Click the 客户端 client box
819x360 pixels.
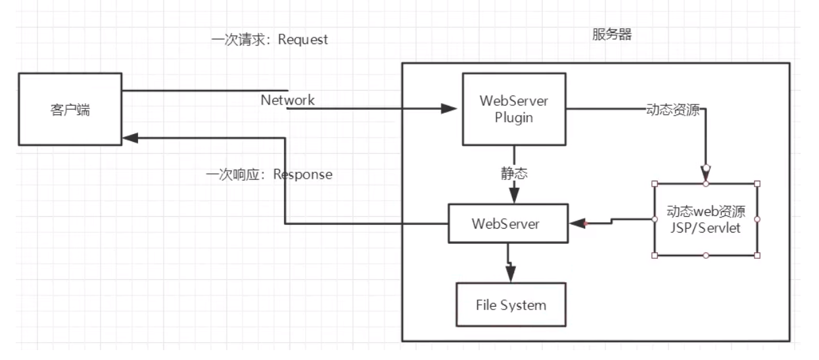tap(70, 109)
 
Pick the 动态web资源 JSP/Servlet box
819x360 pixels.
tap(705, 219)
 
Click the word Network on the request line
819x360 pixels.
tap(287, 101)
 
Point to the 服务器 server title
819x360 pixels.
tap(611, 35)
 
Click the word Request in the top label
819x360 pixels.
tap(302, 40)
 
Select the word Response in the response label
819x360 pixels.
tap(302, 175)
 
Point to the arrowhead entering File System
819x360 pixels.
tap(510, 273)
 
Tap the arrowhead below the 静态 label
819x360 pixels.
tap(514, 195)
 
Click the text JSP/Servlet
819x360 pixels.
tap(705, 228)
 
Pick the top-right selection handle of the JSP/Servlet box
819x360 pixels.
tap(757, 183)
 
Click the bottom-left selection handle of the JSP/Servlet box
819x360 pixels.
tap(654, 255)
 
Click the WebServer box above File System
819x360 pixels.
tap(505, 223)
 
